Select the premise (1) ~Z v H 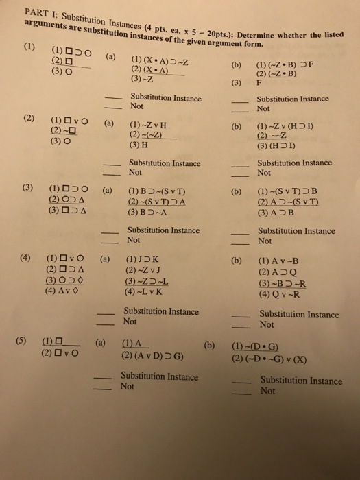click(x=145, y=126)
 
